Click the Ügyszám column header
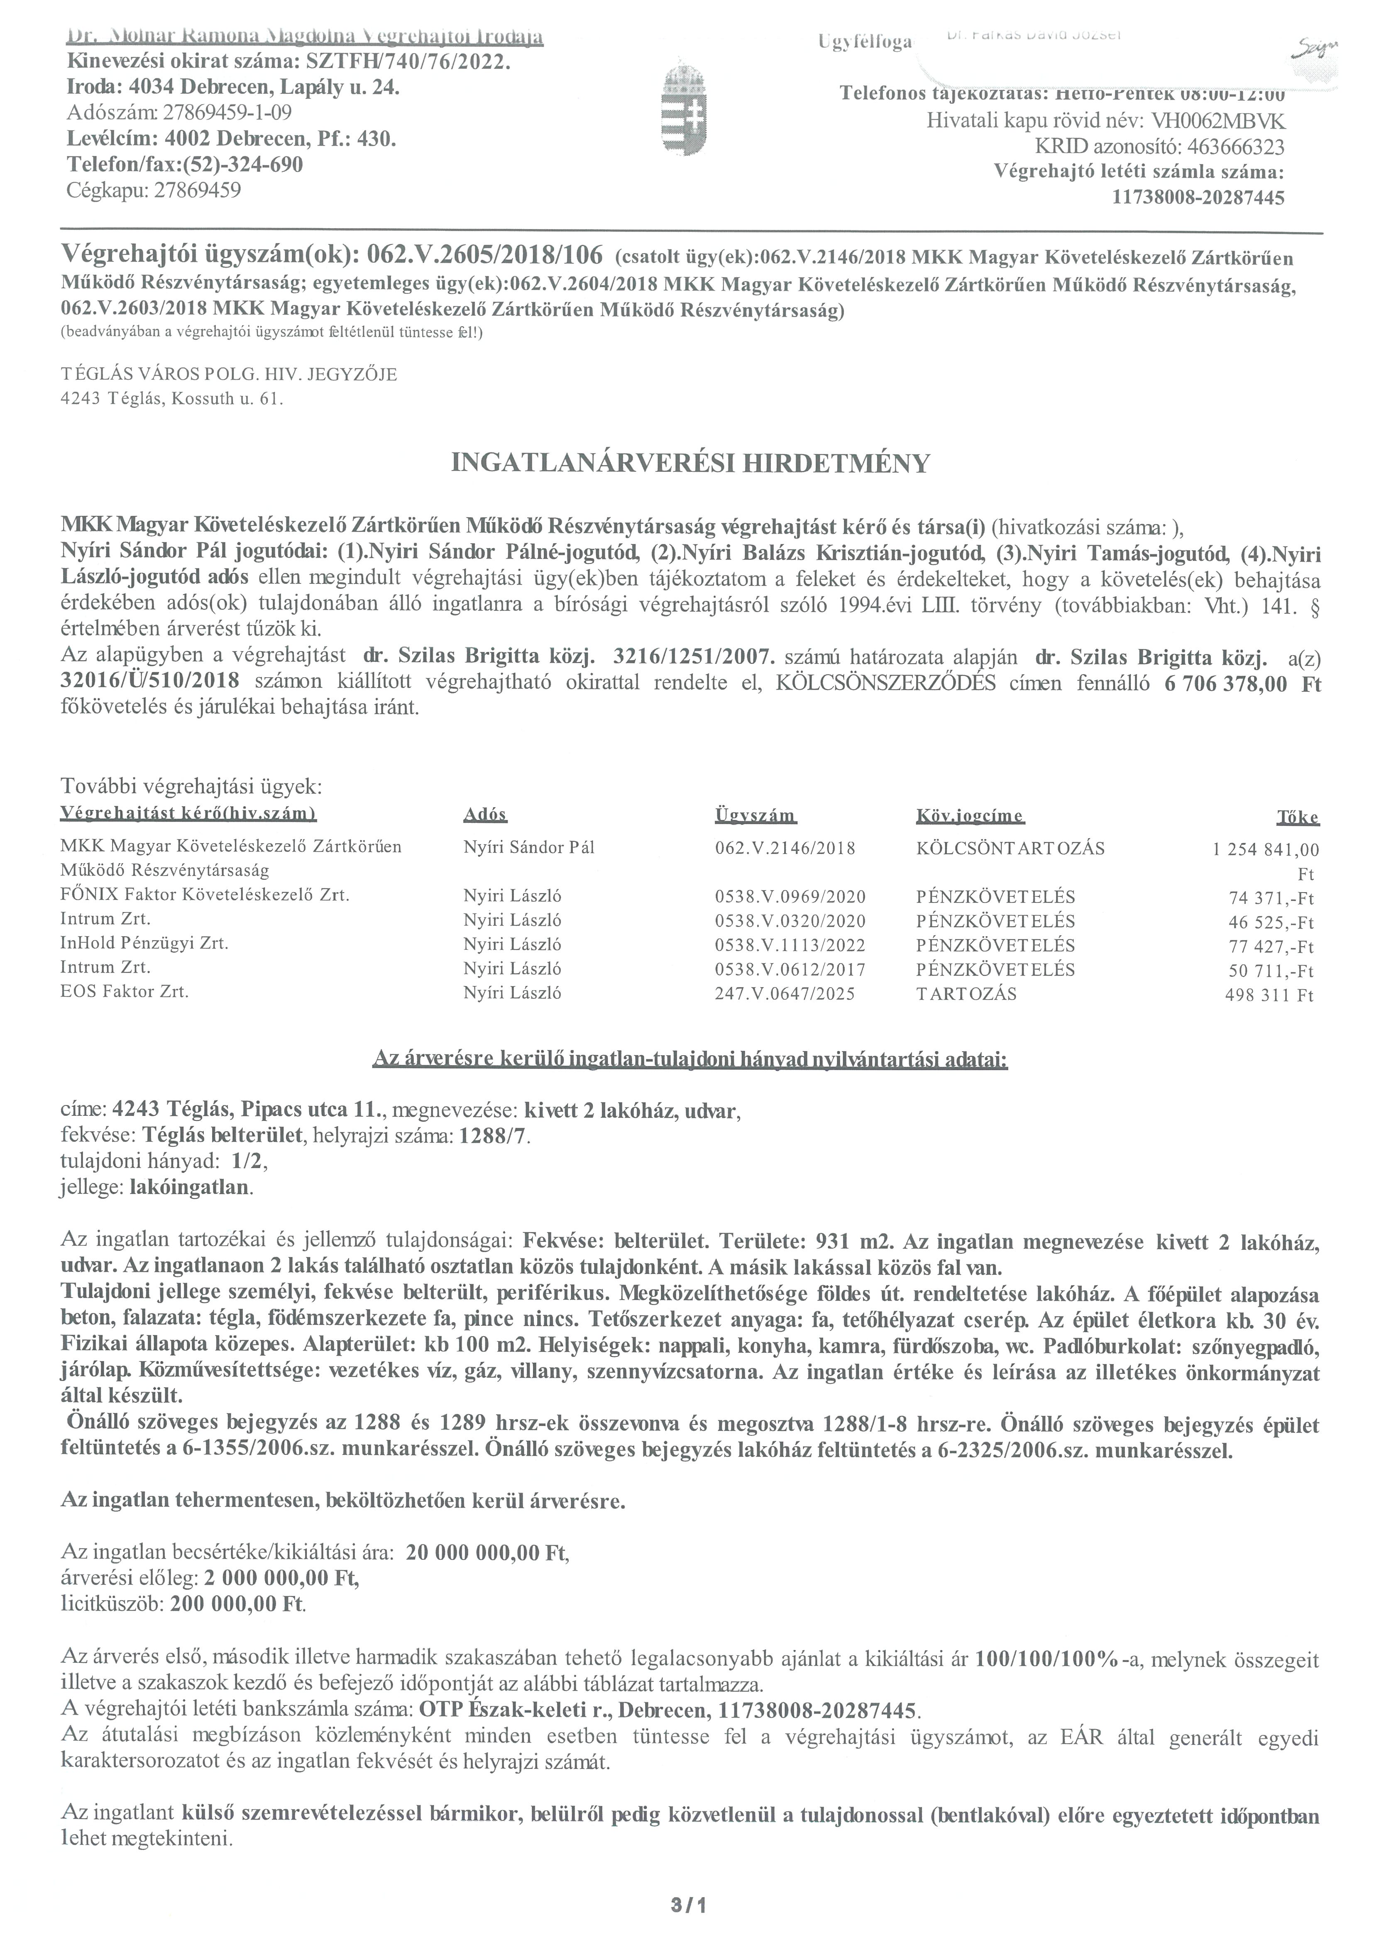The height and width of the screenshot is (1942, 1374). click(x=755, y=816)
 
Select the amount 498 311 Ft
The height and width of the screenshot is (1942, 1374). click(x=1269, y=995)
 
